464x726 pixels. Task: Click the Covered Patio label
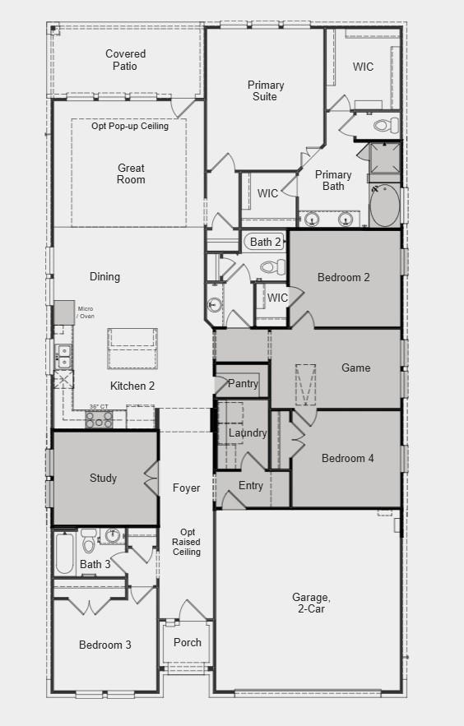coord(126,60)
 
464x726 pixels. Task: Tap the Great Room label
coord(131,174)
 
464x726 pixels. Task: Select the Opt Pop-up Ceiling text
coord(130,127)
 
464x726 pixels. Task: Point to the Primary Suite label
coord(266,90)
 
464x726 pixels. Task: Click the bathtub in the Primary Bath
coord(383,206)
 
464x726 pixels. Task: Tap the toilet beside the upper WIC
coord(385,126)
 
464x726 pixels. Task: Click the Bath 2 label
coord(266,242)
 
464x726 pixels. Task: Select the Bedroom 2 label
coord(343,277)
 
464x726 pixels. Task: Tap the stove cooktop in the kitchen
coord(100,418)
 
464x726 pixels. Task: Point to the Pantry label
coord(243,384)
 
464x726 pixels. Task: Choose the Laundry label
coord(248,433)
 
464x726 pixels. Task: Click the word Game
coord(355,368)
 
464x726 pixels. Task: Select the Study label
coord(103,478)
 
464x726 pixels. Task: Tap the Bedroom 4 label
coord(347,458)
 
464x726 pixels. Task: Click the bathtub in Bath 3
coord(65,553)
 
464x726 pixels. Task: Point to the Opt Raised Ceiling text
coord(186,542)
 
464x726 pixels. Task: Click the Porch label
coord(188,642)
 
